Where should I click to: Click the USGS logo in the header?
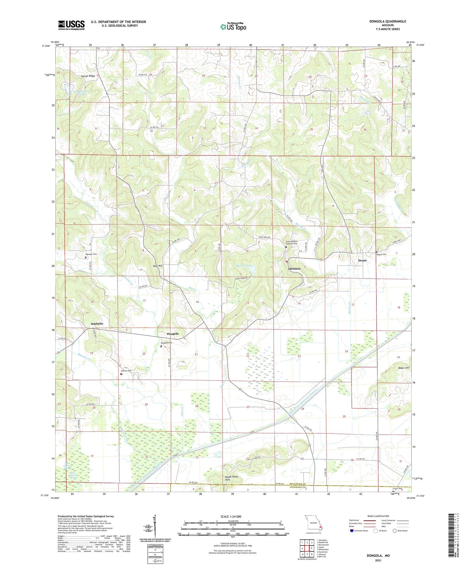coord(71,25)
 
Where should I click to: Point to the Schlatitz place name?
coord(97,324)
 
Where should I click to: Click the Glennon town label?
coord(294,269)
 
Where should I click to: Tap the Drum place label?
coord(362,260)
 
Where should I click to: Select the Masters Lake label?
coord(243,266)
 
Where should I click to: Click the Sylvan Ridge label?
coord(88,76)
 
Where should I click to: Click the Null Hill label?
coord(158,266)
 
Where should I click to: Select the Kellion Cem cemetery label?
coord(127,371)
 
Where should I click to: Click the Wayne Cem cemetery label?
coord(381,254)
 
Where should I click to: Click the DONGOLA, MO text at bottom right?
coord(378,556)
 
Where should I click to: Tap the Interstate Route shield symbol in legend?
coord(352,531)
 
